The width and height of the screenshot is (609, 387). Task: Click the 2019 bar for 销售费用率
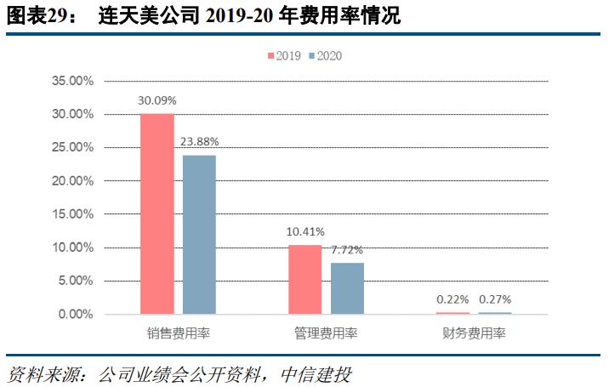click(x=157, y=213)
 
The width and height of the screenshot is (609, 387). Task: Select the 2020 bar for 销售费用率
click(x=199, y=235)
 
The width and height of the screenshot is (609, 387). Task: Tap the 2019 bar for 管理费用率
click(x=305, y=279)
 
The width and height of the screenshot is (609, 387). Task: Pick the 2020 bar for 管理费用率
click(x=347, y=288)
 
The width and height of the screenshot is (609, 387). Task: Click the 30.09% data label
click(x=157, y=100)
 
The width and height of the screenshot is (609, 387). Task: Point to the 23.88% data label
click(x=199, y=142)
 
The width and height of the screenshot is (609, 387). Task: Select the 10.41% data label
click(x=305, y=231)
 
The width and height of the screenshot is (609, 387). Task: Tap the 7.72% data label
click(x=347, y=250)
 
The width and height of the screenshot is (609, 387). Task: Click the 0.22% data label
click(x=452, y=299)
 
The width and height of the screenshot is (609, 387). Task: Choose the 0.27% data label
click(x=495, y=299)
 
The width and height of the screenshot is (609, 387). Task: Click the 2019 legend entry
click(x=284, y=55)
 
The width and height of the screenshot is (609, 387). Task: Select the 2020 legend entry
click(x=325, y=55)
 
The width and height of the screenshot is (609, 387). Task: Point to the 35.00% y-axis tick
click(x=72, y=81)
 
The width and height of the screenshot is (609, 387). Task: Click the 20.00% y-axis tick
click(x=72, y=181)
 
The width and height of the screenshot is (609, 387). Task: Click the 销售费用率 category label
click(x=178, y=333)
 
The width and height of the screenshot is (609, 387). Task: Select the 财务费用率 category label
click(x=475, y=333)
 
